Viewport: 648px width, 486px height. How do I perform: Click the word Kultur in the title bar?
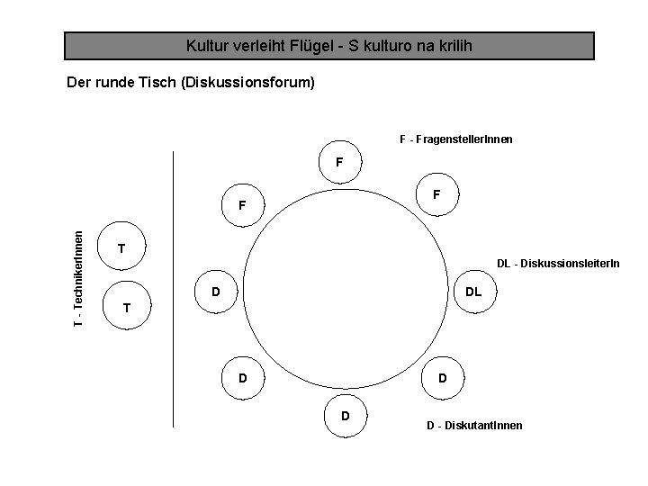pyautogui.click(x=206, y=45)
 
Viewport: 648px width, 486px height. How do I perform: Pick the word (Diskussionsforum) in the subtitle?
pyautogui.click(x=247, y=84)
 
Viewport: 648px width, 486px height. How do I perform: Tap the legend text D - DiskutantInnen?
pyautogui.click(x=473, y=425)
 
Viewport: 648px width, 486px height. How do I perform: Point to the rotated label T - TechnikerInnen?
pyautogui.click(x=79, y=279)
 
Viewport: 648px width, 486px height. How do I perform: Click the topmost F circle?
pyautogui.click(x=338, y=163)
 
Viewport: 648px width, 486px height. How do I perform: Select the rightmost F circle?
pyautogui.click(x=436, y=193)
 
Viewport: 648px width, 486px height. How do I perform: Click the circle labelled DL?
pyautogui.click(x=473, y=292)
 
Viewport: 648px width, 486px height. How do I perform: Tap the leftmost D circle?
pyautogui.click(x=216, y=292)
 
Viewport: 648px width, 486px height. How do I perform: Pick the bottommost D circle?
pyautogui.click(x=346, y=416)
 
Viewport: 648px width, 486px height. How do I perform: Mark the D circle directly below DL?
pyautogui.click(x=441, y=378)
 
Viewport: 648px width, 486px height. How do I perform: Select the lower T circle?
pyautogui.click(x=127, y=308)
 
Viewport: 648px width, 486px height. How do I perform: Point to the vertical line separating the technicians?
pyautogui.click(x=173, y=288)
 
